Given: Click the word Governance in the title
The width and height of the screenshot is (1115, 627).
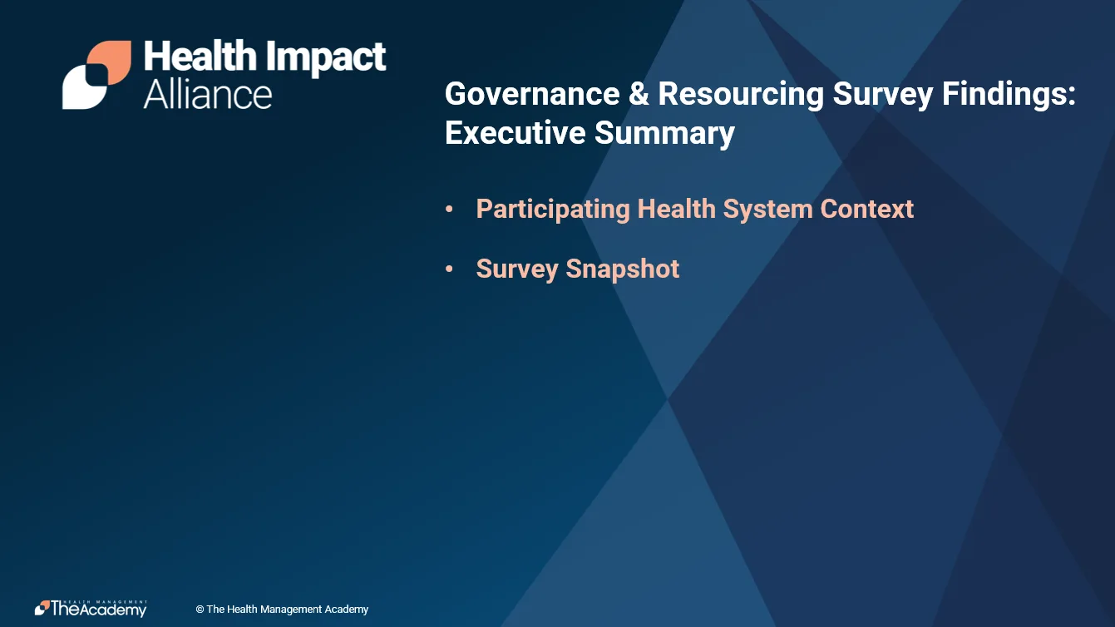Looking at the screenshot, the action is point(531,94).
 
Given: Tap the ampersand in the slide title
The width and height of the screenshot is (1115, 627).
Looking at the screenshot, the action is point(639,94).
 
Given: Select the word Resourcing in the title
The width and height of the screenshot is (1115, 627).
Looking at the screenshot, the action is point(741,95).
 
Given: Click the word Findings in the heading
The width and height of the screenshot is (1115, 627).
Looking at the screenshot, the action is point(1009,95).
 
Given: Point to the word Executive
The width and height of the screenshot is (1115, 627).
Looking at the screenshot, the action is point(515,132).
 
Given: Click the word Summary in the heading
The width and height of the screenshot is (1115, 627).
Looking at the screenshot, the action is point(664,134).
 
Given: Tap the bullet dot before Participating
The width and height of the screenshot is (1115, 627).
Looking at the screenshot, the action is point(449,210).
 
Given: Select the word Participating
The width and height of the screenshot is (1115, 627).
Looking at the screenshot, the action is point(553,210).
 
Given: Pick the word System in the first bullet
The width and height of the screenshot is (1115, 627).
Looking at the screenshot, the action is point(767,210).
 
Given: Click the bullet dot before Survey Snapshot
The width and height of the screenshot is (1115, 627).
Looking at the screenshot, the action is point(449,269).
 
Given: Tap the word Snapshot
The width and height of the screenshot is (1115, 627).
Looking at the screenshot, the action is point(622,269).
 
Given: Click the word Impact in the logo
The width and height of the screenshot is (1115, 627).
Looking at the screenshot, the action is point(326,57).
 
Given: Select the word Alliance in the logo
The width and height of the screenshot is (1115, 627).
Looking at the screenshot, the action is point(208,95).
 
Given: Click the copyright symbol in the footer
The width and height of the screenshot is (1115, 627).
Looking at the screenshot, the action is point(200,610).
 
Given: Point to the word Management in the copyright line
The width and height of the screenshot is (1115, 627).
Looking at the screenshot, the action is point(291,610).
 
